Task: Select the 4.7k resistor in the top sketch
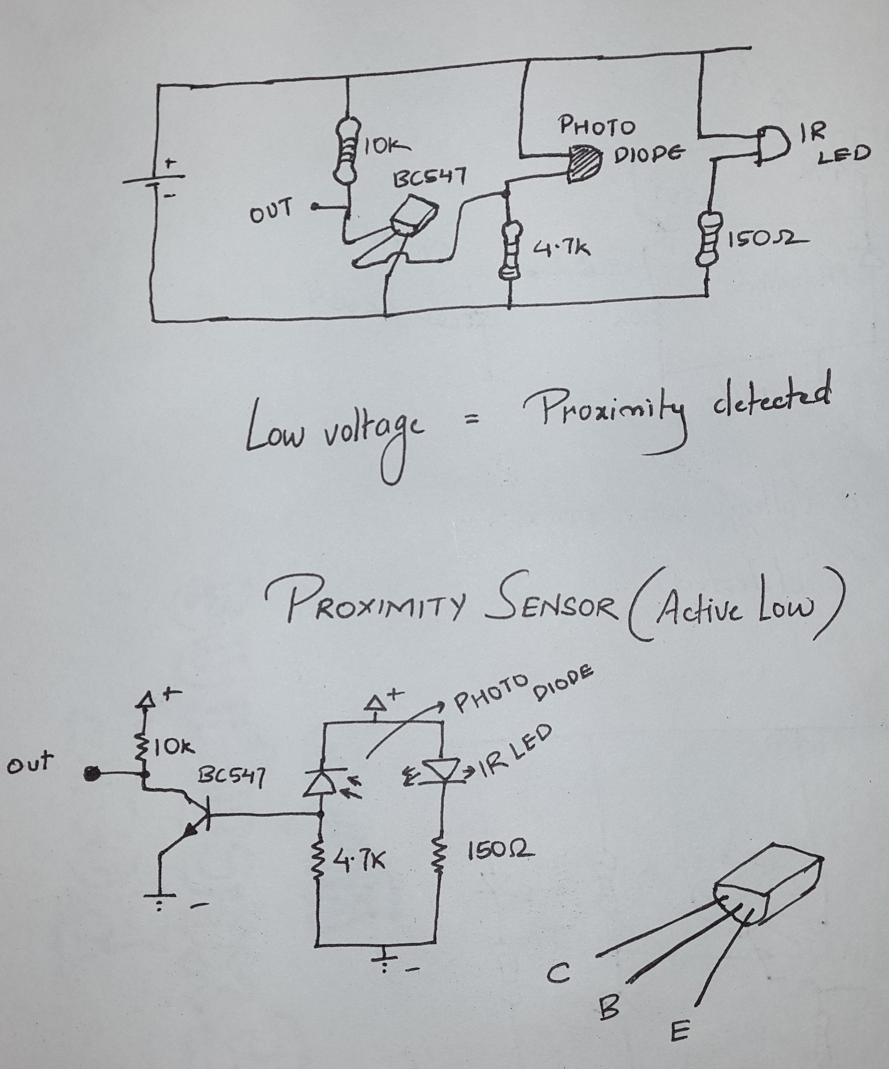(x=510, y=249)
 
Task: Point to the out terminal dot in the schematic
(x=92, y=774)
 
